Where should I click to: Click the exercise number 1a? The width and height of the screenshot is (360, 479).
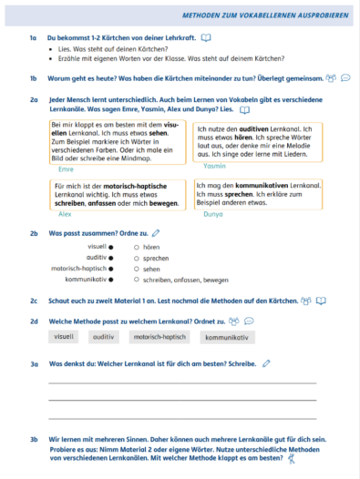(33, 38)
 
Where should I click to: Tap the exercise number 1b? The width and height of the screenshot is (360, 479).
(33, 79)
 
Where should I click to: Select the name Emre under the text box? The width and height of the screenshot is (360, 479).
(65, 169)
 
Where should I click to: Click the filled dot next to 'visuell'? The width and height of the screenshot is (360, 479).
(111, 247)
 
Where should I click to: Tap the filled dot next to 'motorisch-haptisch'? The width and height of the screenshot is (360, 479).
(111, 269)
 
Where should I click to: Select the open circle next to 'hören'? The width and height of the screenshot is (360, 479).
(136, 247)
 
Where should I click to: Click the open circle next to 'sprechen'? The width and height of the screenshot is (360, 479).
(136, 258)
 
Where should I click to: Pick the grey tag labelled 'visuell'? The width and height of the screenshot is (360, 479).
(64, 337)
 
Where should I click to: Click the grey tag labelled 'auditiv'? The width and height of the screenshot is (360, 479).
(105, 337)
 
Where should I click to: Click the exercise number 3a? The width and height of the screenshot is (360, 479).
(33, 363)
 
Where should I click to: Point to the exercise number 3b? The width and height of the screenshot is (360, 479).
(33, 439)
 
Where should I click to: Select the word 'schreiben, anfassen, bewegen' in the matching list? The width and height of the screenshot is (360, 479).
(180, 280)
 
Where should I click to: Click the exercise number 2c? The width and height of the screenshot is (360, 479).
(33, 300)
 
